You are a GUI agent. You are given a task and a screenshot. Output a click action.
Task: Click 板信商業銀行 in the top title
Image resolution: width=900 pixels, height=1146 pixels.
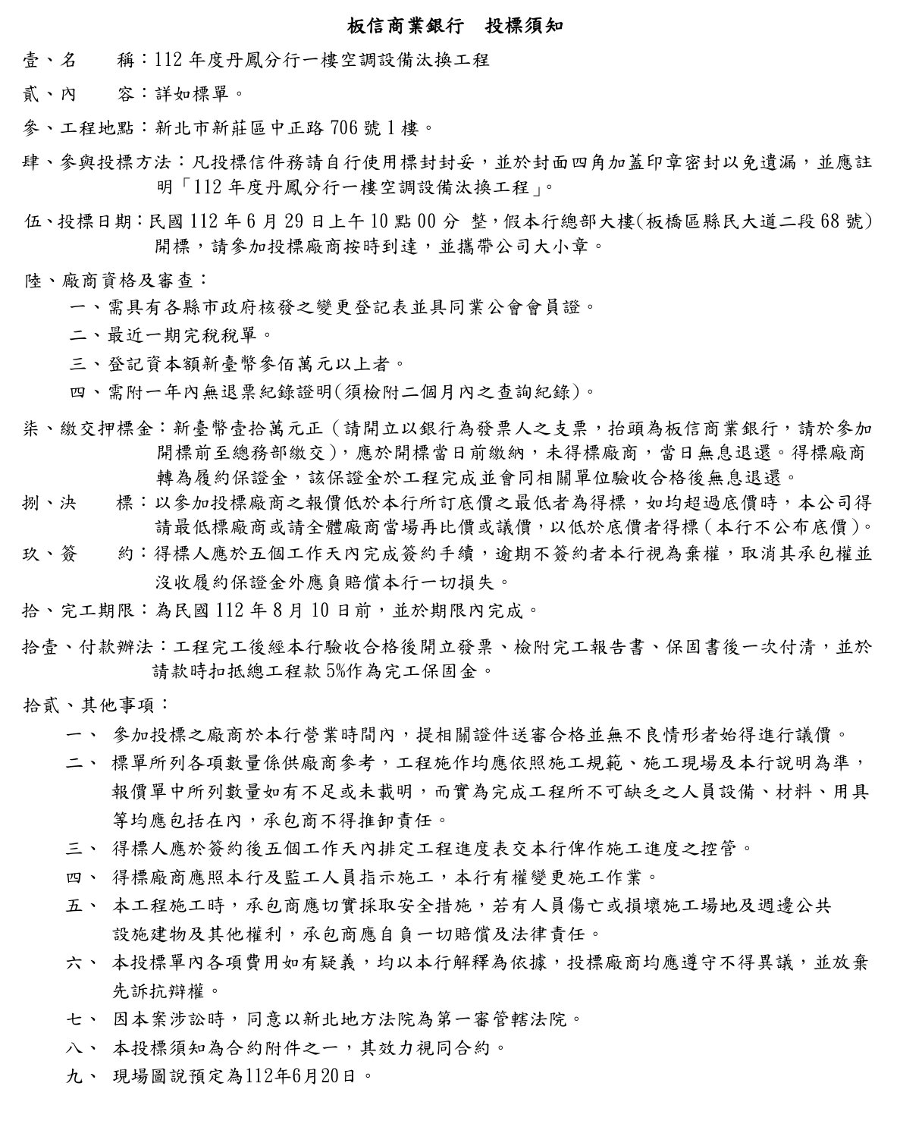tap(393, 26)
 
